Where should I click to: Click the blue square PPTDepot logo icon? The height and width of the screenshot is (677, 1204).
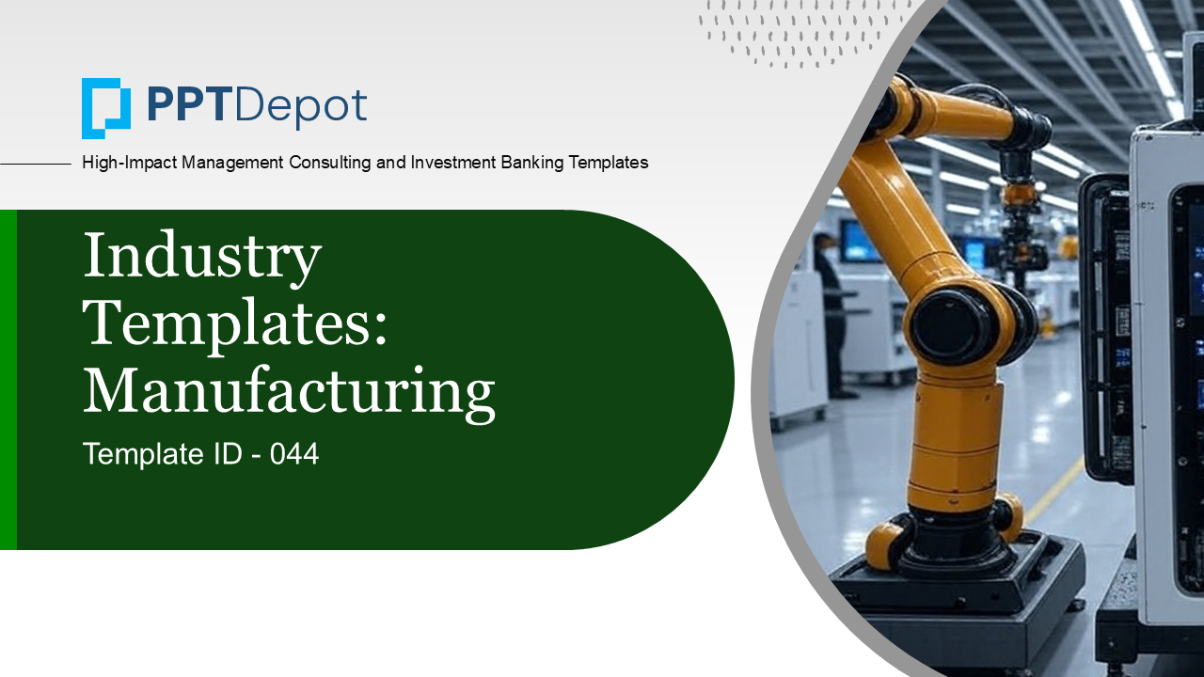106,108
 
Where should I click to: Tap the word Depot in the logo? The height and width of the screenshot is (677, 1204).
300,108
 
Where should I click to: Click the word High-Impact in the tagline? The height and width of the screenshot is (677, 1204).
129,163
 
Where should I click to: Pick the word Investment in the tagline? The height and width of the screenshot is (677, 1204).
452,163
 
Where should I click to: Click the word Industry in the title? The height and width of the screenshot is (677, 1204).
202,257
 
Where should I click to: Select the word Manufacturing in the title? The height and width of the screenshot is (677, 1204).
289,393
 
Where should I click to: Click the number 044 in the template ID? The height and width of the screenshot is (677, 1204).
294,453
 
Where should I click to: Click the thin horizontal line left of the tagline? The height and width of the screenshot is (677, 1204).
36,164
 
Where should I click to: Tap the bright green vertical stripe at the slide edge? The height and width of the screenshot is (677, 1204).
8,379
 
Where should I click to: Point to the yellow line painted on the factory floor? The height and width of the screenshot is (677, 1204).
1054,490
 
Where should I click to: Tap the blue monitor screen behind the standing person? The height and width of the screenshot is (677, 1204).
859,242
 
